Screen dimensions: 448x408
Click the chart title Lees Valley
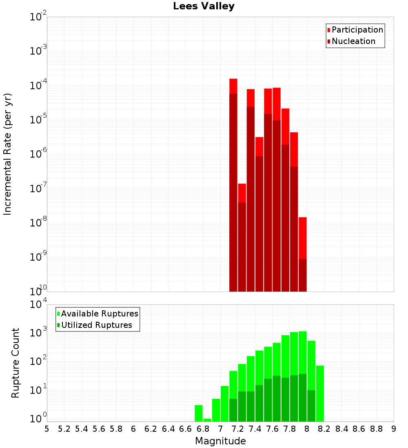204,6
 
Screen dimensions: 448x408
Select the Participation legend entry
357,30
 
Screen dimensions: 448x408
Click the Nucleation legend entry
353,41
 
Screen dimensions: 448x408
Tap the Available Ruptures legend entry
99,314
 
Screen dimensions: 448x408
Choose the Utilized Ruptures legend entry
96,325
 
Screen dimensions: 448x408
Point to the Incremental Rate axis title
8,154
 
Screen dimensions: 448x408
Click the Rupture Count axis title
16,363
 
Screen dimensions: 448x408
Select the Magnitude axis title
220,441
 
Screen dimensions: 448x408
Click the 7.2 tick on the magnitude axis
237,429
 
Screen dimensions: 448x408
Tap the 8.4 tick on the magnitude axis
341,429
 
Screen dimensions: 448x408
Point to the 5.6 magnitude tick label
99,429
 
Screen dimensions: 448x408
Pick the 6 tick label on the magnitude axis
133,429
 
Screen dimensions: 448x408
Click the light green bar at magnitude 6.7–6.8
199,413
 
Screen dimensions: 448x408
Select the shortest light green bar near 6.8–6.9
207,420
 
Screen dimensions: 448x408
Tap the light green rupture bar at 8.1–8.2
320,393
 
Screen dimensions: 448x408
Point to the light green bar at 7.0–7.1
224,404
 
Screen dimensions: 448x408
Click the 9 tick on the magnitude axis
393,429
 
